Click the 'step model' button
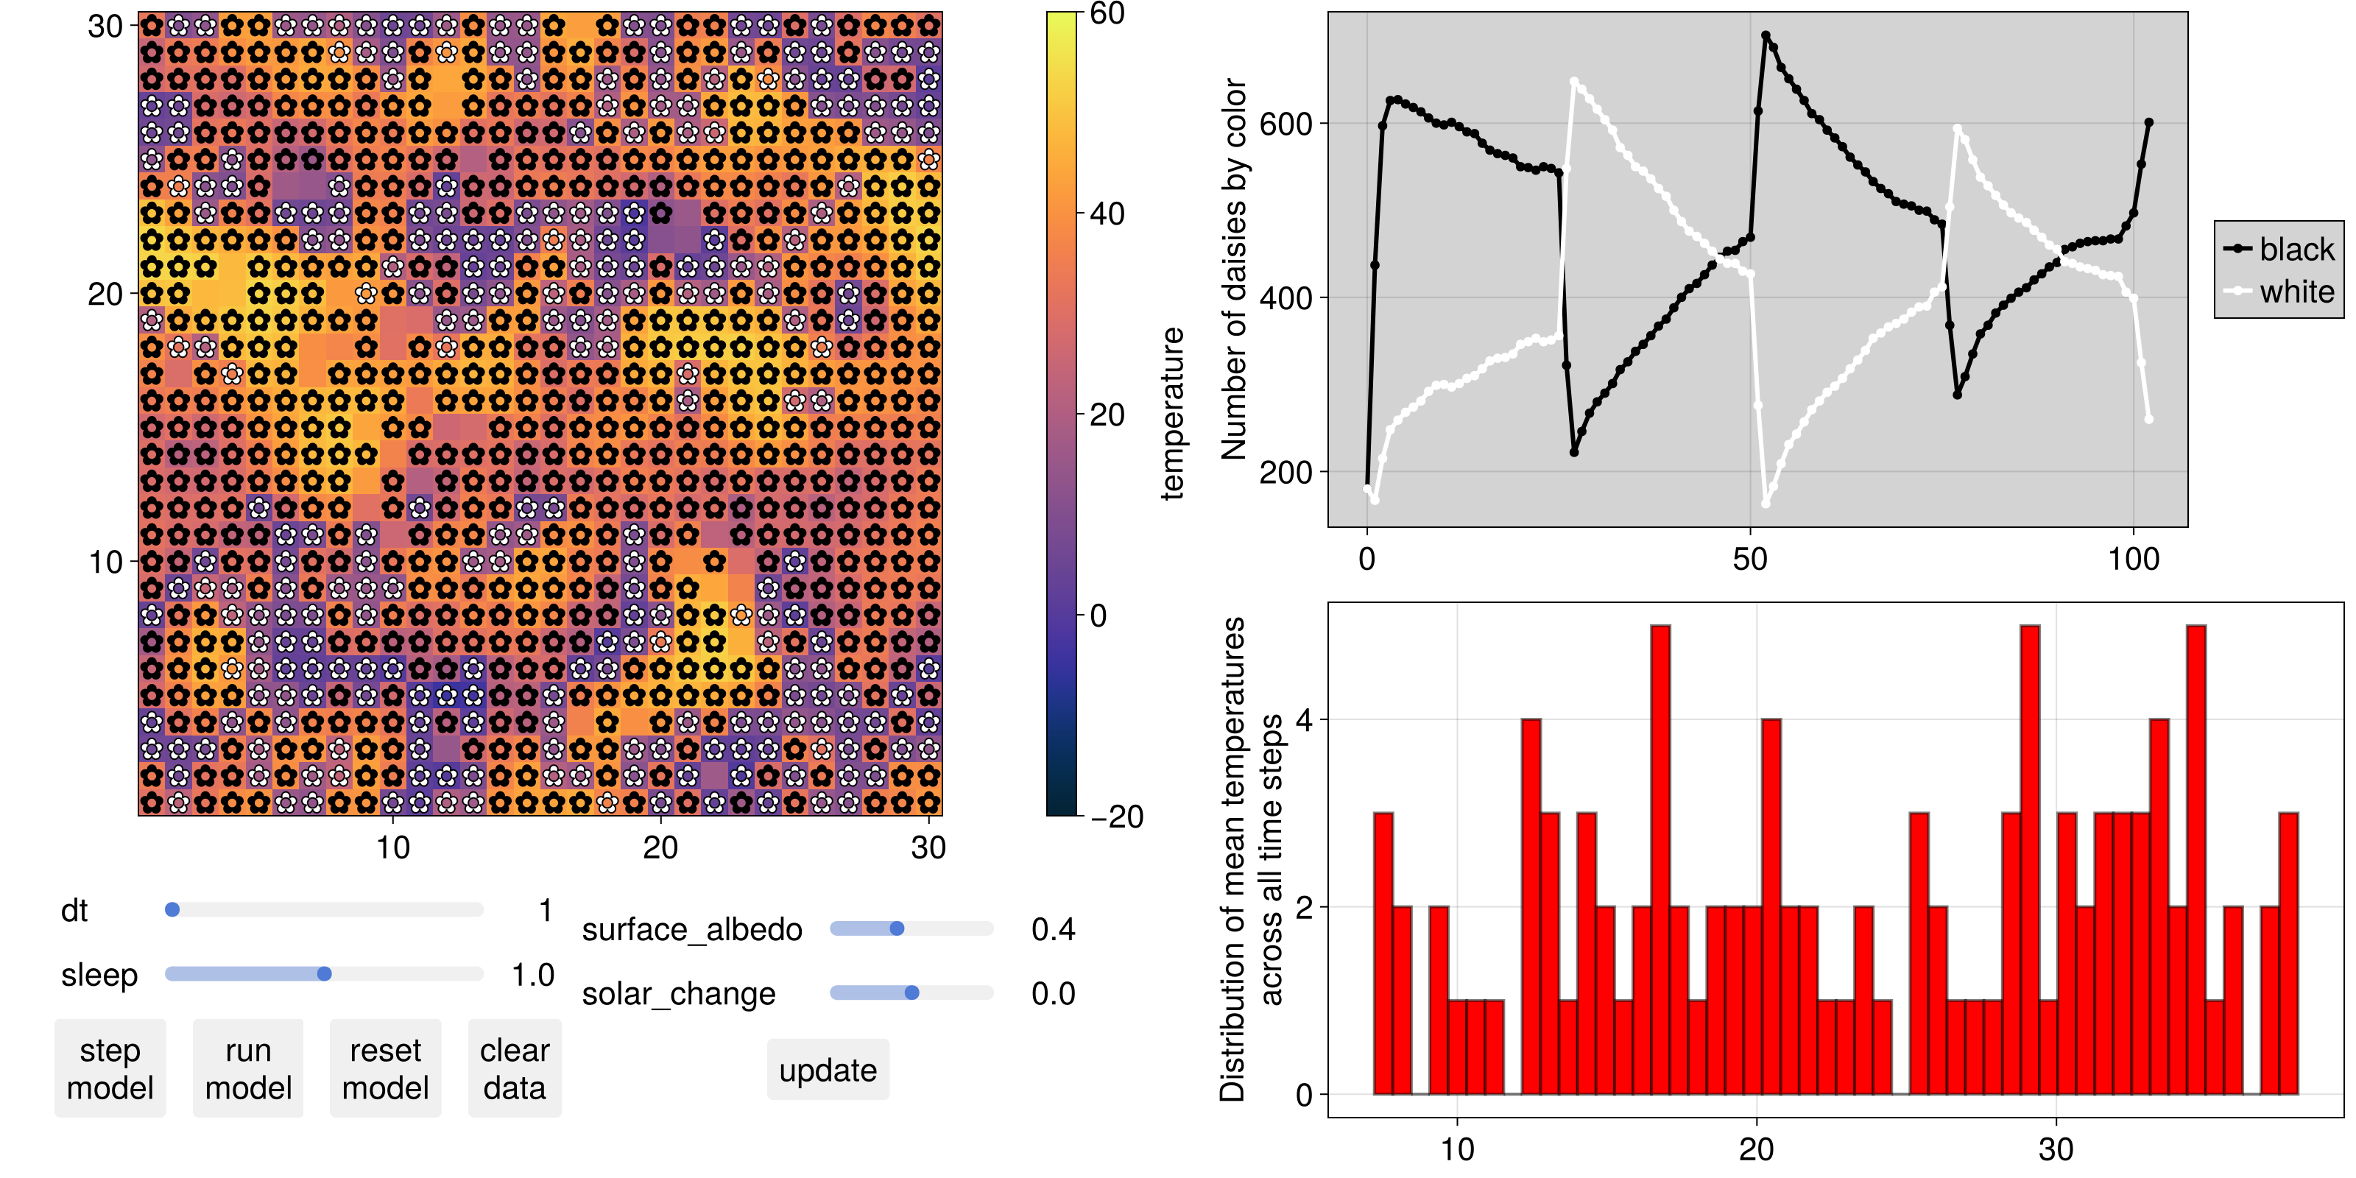[x=110, y=1068]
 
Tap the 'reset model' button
[x=385, y=1068]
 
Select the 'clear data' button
[x=514, y=1068]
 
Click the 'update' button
[x=828, y=1069]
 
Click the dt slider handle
[x=172, y=909]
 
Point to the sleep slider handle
[x=324, y=973]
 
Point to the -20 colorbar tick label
[x=1116, y=816]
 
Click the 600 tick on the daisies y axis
[x=1288, y=124]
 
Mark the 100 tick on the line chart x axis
[x=2133, y=559]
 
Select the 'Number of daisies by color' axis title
[x=1234, y=269]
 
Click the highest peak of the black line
[x=1766, y=35]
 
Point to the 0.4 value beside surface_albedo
[x=1053, y=929]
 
